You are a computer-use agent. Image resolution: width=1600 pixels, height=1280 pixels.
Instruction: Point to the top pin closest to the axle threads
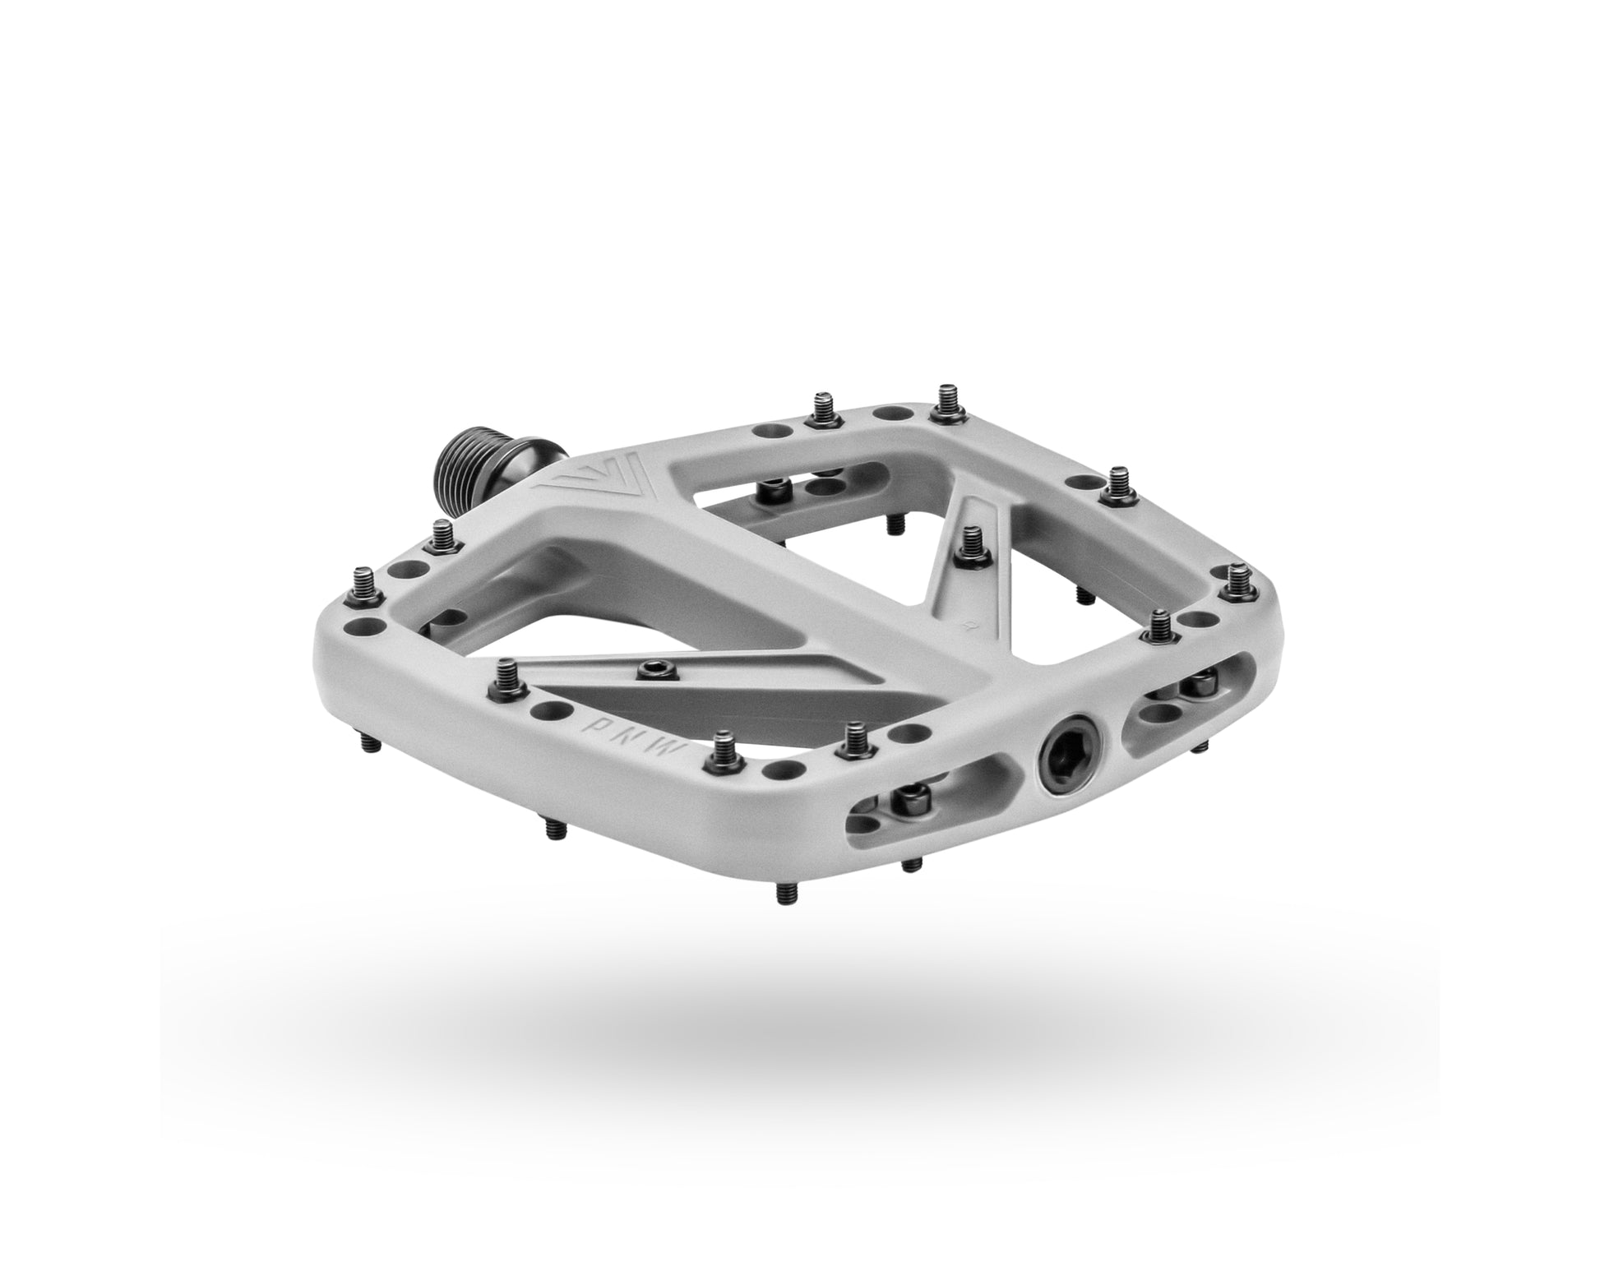[821, 409]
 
